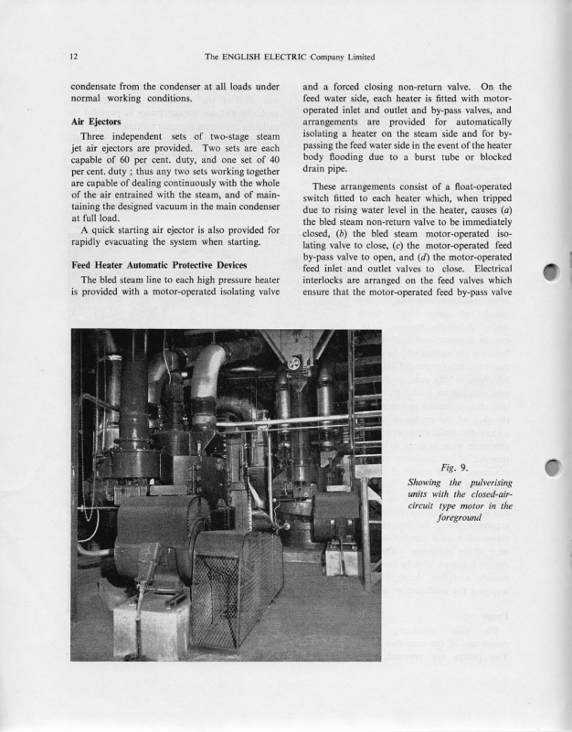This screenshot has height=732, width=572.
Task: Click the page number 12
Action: (73, 57)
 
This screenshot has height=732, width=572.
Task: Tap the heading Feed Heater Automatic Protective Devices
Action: (162, 264)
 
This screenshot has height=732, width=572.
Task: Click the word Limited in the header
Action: (356, 57)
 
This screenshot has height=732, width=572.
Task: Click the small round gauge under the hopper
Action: (293, 363)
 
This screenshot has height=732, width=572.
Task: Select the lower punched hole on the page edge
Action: (551, 469)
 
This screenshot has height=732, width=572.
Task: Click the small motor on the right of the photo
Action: (335, 517)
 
